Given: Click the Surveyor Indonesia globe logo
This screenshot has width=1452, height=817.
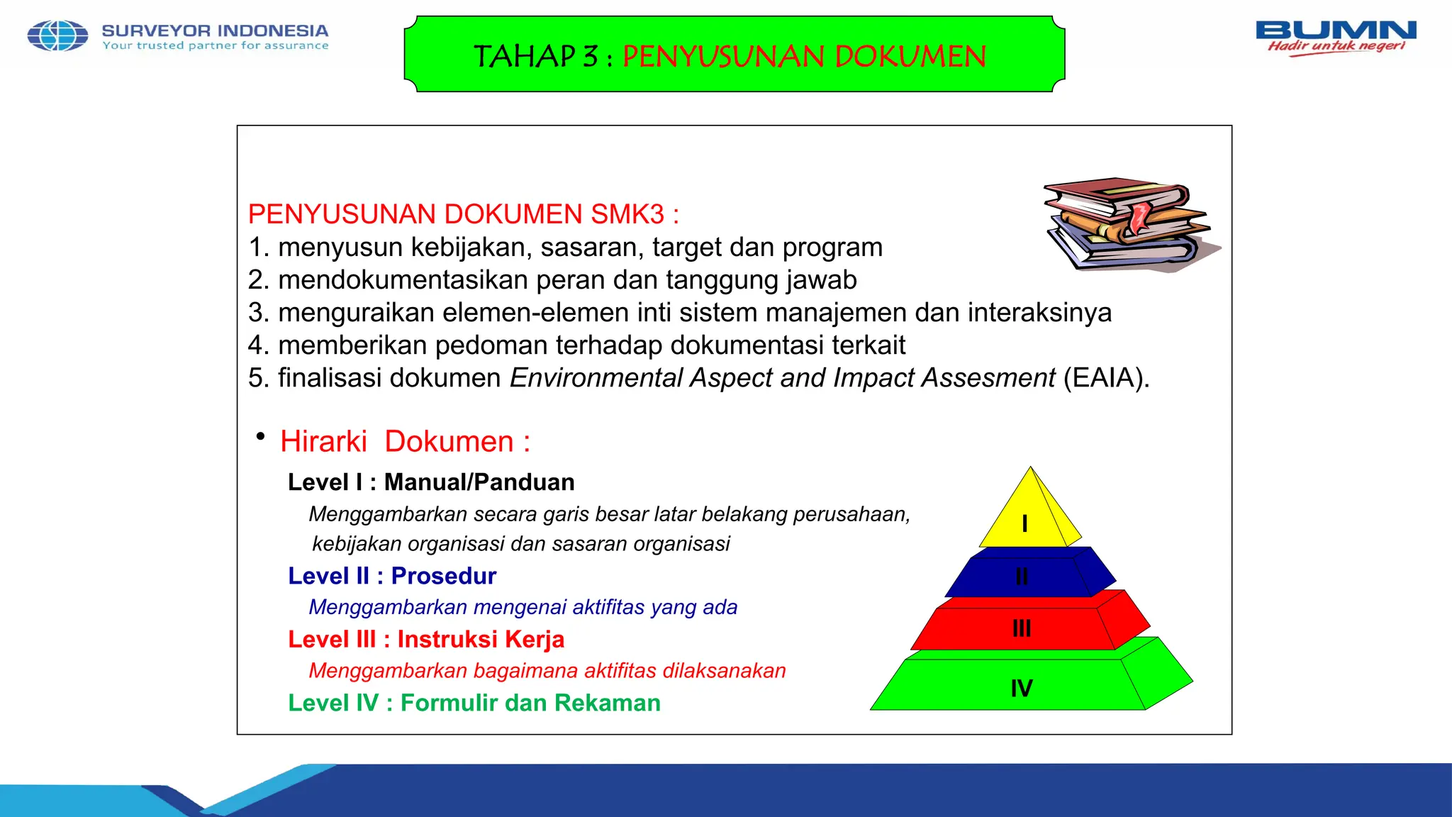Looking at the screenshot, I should click(57, 36).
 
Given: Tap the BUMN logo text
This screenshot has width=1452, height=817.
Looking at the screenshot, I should click(1336, 30).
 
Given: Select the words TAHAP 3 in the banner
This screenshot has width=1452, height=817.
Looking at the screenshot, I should click(536, 57).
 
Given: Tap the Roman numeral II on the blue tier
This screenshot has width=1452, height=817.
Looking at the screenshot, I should click(1022, 577).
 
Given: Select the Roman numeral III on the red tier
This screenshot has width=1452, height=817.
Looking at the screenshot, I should click(1022, 628).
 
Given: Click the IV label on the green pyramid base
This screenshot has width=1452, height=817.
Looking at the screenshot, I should click(1022, 688).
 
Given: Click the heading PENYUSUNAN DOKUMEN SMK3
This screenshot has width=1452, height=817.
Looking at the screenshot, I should click(463, 214).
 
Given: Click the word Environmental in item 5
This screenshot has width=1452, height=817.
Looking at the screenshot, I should click(596, 378).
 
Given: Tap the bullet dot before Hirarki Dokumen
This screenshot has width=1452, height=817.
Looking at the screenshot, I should click(261, 435).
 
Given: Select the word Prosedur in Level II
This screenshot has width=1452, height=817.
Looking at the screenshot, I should click(444, 576).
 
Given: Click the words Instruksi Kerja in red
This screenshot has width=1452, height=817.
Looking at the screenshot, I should click(481, 640).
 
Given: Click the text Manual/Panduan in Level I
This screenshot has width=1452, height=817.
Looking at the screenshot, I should click(479, 482).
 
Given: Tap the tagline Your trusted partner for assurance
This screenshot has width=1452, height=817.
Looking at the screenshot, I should click(216, 46).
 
